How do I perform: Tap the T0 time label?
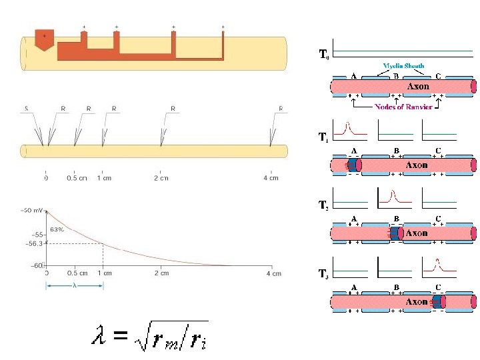coord(323,54)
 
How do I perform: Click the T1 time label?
coord(323,138)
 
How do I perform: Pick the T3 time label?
coord(323,273)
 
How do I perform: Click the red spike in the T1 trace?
coord(347,127)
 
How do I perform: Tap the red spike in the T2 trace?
coord(393,195)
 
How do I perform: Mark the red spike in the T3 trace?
coord(437,263)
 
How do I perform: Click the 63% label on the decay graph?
coord(57,229)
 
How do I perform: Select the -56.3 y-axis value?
coord(35,244)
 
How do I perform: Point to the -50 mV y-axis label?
coord(33,210)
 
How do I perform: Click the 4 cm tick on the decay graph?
coord(273,273)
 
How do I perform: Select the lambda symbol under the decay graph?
coord(74,287)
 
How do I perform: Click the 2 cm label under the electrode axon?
coord(161,178)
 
